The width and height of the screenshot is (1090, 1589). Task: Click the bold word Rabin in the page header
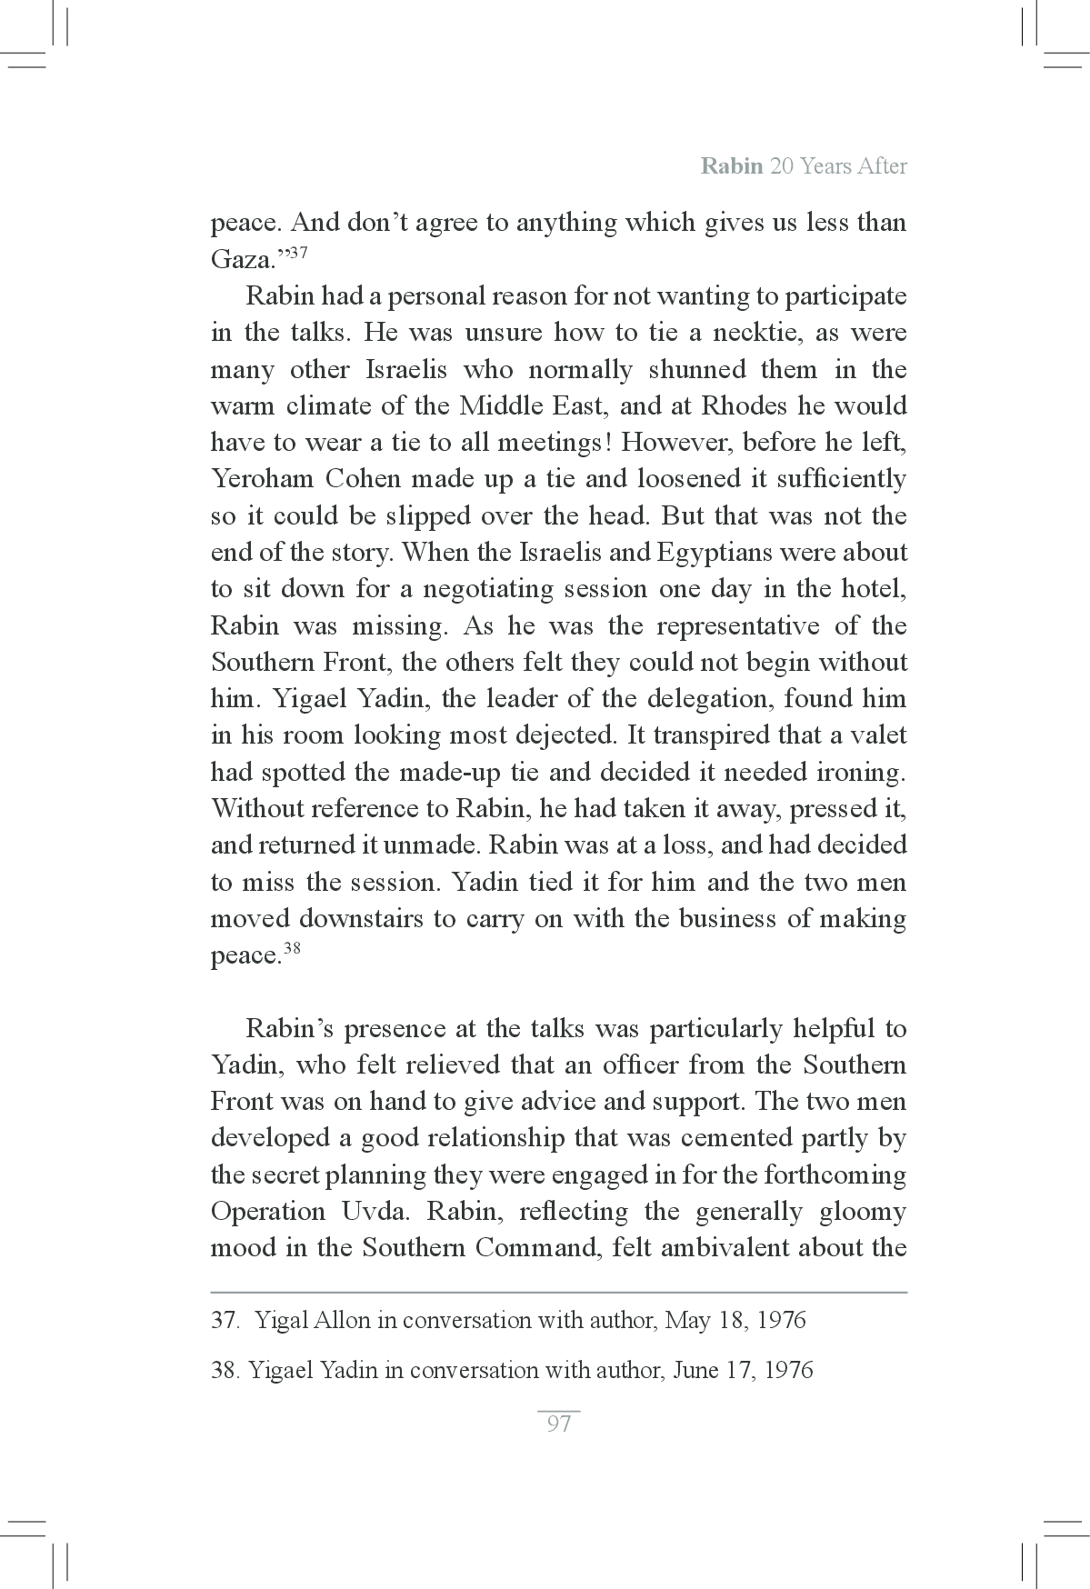click(x=731, y=167)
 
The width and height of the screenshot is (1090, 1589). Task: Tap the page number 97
click(x=558, y=1424)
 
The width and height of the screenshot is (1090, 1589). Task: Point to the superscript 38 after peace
click(x=292, y=949)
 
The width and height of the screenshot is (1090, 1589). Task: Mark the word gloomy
click(x=862, y=1212)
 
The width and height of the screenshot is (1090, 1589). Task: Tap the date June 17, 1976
click(x=742, y=1370)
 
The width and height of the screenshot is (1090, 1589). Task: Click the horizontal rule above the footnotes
click(x=558, y=1292)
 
